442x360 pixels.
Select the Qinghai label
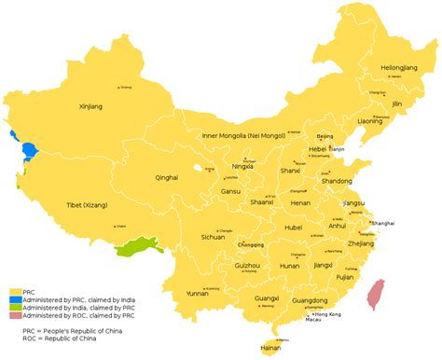click(166, 176)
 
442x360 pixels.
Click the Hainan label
click(269, 348)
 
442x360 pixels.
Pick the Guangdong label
click(309, 301)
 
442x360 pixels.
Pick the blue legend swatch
click(16, 299)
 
